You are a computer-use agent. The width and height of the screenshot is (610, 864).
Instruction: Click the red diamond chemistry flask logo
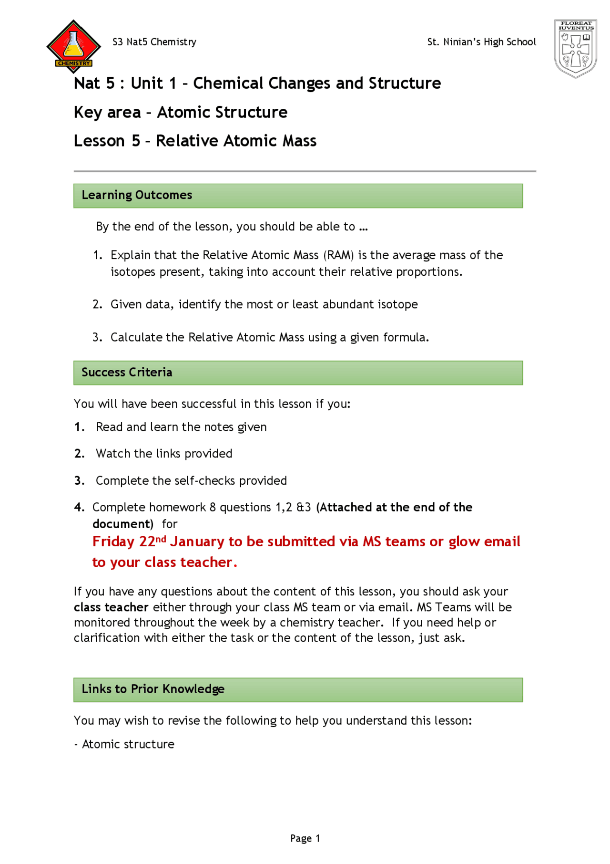coord(73,46)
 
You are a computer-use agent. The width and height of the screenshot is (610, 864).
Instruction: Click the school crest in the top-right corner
coord(575,48)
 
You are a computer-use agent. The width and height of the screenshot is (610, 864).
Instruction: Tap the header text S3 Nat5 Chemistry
coord(154,42)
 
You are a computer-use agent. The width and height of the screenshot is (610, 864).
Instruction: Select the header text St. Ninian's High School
coord(481,42)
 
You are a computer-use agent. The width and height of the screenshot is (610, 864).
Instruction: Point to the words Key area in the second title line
coord(107,113)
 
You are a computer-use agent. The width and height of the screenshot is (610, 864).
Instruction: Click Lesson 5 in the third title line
coord(107,141)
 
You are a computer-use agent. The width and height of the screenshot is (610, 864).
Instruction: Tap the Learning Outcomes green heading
coord(137,195)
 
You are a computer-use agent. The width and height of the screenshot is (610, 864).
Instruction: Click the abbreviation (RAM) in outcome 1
coord(338,255)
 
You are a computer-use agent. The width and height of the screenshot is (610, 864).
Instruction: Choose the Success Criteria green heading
coord(127,373)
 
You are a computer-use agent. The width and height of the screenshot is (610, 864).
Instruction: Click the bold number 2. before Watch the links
coord(79,454)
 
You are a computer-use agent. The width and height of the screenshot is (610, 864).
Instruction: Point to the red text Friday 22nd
coord(129,542)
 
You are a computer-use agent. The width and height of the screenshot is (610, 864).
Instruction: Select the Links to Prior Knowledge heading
coord(152,689)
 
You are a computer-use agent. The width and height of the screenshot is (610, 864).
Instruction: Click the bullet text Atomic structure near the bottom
coord(128,744)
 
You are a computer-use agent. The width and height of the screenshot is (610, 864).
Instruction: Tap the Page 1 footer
coord(305,838)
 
